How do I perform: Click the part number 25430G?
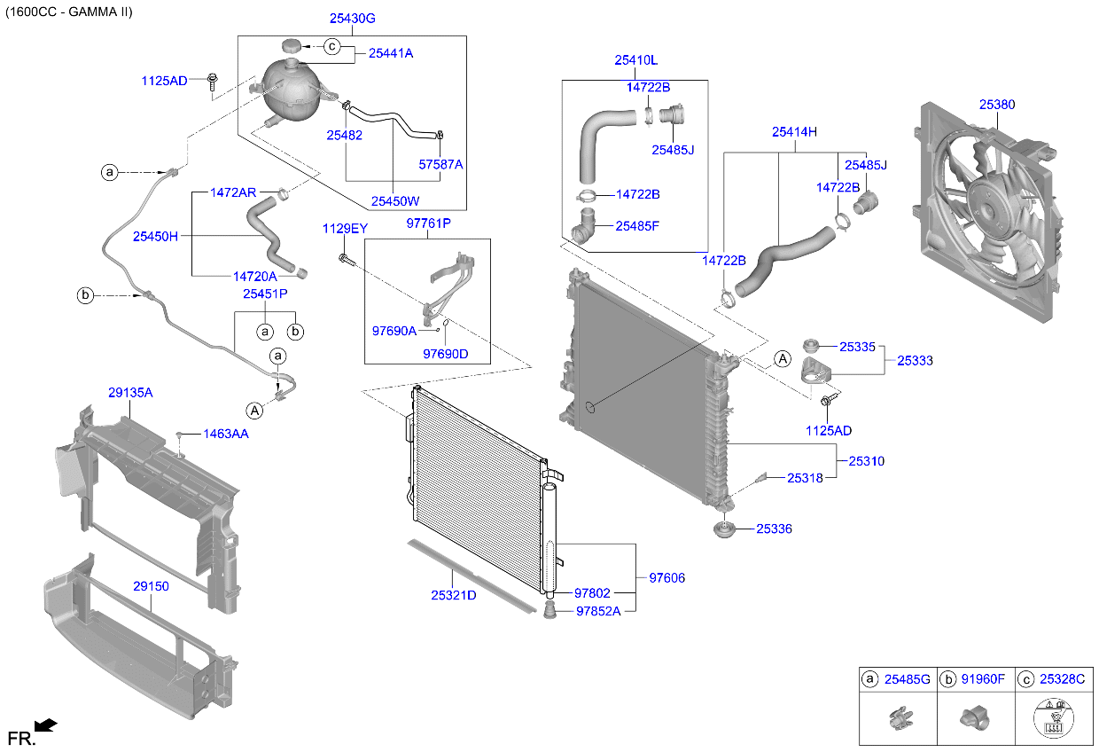tap(352, 18)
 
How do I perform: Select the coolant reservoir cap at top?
tap(292, 46)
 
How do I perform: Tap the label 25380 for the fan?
tap(997, 105)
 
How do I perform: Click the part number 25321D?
tap(454, 595)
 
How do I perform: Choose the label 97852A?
tap(598, 611)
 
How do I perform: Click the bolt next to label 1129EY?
tap(345, 259)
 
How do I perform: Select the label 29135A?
tap(130, 392)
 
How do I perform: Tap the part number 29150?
tap(151, 586)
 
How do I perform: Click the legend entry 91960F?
tap(984, 679)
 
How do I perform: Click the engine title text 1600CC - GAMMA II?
tap(68, 12)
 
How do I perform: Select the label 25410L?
tap(636, 60)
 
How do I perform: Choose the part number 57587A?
tap(440, 164)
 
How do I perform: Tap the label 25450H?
tap(156, 236)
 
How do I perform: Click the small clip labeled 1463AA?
tap(179, 434)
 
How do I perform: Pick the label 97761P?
tap(429, 224)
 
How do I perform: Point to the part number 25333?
tap(915, 361)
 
